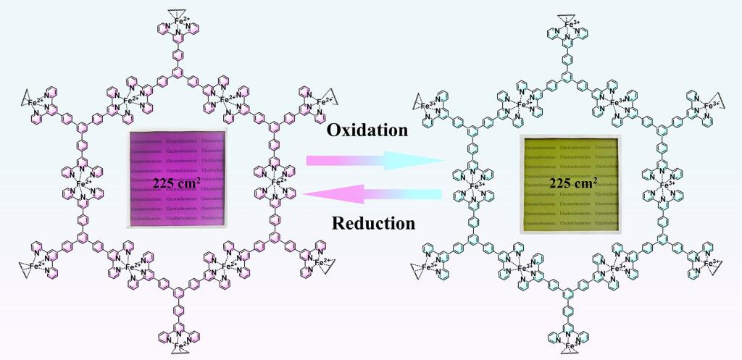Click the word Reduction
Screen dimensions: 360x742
pyautogui.click(x=373, y=222)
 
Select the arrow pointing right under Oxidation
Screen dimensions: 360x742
pyautogui.click(x=374, y=160)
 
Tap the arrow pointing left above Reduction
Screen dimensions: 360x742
pyautogui.click(x=374, y=193)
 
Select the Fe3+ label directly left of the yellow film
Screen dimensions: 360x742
pyautogui.click(x=475, y=187)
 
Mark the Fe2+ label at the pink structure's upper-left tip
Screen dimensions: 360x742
pyautogui.click(x=33, y=103)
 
